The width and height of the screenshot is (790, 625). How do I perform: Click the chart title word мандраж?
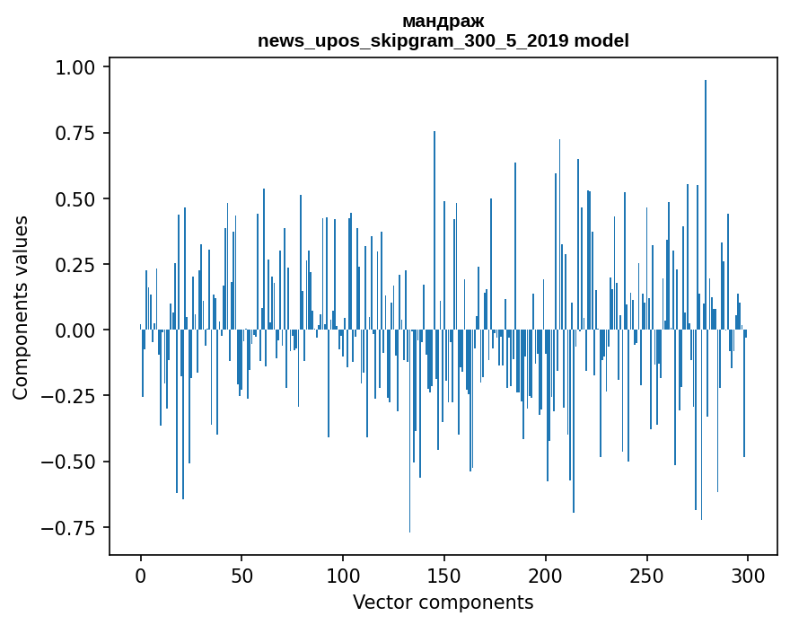pos(443,21)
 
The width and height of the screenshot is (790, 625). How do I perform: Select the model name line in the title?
pos(443,40)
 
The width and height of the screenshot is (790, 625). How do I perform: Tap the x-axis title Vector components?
pos(443,603)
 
